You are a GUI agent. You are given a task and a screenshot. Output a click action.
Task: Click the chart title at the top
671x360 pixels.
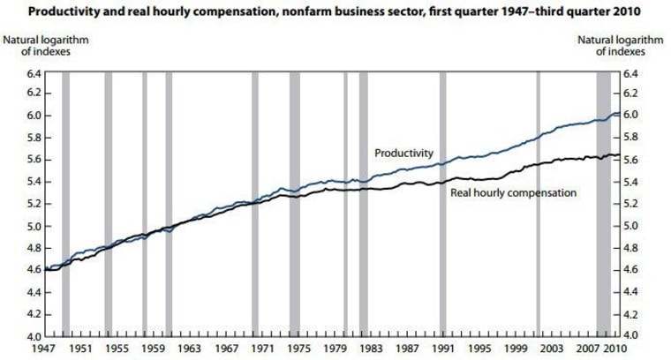coord(335,11)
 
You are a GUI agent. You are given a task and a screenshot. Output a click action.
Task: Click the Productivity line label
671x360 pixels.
coord(403,153)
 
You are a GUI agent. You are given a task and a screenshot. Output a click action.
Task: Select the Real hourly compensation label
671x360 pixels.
coord(513,191)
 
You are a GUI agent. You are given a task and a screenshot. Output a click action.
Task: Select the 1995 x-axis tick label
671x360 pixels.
coord(481,349)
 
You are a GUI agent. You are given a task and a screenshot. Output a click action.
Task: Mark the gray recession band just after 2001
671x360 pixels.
coord(538,203)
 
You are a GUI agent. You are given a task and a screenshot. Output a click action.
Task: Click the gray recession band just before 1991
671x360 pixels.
coord(442,203)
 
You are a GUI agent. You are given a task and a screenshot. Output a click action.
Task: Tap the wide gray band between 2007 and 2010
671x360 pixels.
coord(603,203)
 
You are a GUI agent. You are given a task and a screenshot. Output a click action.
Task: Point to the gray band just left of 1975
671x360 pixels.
coord(295,203)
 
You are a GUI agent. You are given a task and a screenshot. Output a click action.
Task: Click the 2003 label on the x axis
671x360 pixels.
coord(553,349)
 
